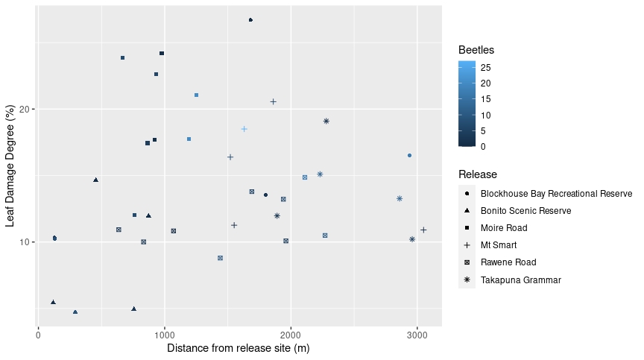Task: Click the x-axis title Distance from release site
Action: [238, 348]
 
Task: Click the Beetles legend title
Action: [476, 50]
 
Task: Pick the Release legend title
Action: [478, 174]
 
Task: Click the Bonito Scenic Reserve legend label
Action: [526, 211]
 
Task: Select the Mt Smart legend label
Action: [499, 245]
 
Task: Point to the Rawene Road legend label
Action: [508, 262]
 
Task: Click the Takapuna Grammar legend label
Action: [520, 280]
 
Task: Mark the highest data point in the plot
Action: [250, 20]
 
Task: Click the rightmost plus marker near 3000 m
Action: [423, 230]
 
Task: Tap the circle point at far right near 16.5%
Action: [409, 156]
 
